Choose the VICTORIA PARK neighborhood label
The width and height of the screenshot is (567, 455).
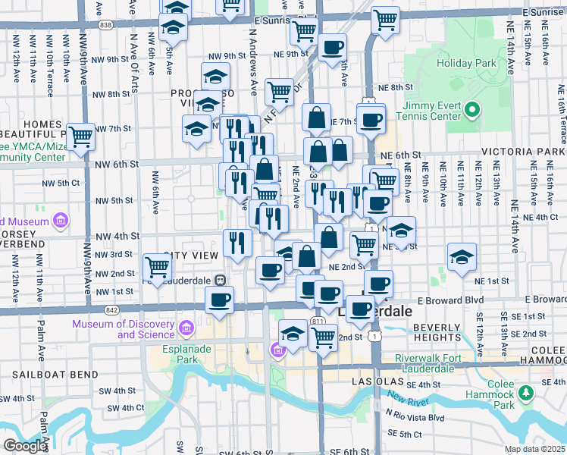click(x=530, y=152)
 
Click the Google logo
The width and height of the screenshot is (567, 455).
click(x=25, y=446)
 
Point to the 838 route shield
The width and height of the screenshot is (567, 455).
click(x=105, y=25)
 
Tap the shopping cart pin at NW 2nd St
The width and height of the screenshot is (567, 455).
click(x=157, y=266)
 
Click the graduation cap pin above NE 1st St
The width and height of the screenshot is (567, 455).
click(x=462, y=256)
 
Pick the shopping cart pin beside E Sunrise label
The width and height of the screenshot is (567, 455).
click(x=386, y=19)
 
